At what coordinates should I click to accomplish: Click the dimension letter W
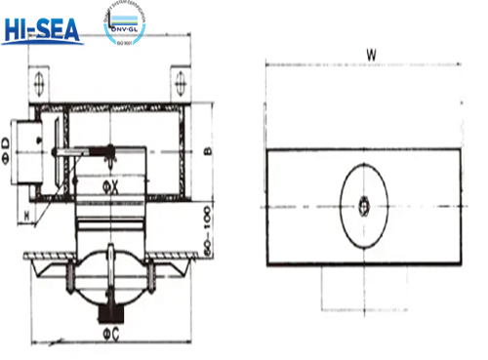(372, 55)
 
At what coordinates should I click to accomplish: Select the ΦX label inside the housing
(112, 184)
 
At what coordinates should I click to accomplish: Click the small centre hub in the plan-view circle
(363, 206)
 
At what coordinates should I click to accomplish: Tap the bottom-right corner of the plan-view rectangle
(458, 265)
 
